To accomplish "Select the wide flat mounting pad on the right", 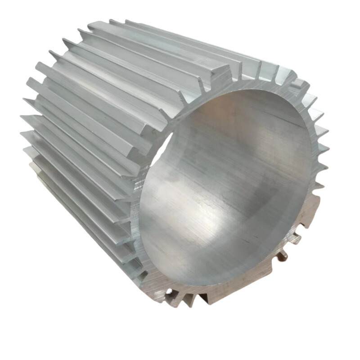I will [311, 211].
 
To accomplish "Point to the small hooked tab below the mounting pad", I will [296, 239].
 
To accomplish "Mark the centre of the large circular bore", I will [225, 189].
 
